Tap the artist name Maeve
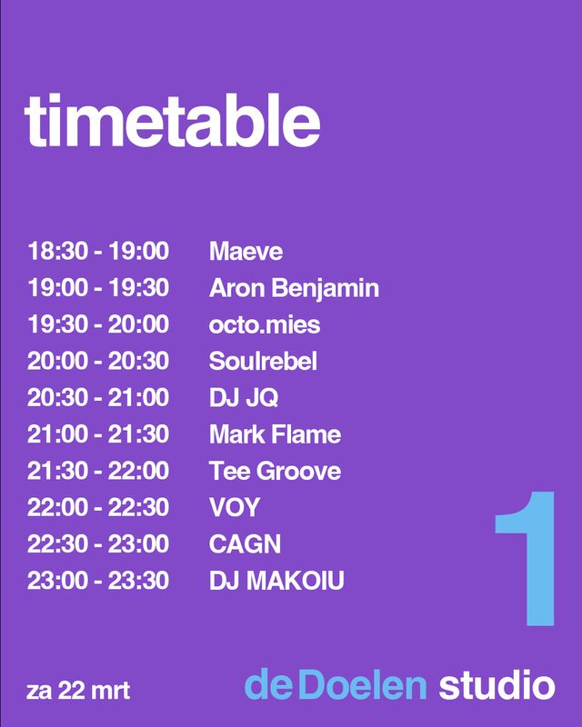(x=246, y=252)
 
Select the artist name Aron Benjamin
(x=295, y=288)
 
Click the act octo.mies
(x=265, y=324)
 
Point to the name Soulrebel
(x=263, y=361)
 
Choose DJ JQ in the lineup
(x=244, y=398)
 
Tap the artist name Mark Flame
(x=276, y=434)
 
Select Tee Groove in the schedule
(x=276, y=471)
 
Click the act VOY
(x=235, y=508)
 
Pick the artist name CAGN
(x=245, y=544)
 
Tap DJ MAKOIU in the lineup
(x=276, y=581)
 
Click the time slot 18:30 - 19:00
(x=98, y=252)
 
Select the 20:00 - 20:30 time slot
(x=98, y=361)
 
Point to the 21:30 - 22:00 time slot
(x=98, y=471)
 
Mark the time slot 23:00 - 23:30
(x=98, y=581)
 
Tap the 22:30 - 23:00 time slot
(x=98, y=544)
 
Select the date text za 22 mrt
(x=78, y=691)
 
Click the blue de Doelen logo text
(x=336, y=684)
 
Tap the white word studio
(x=497, y=684)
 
